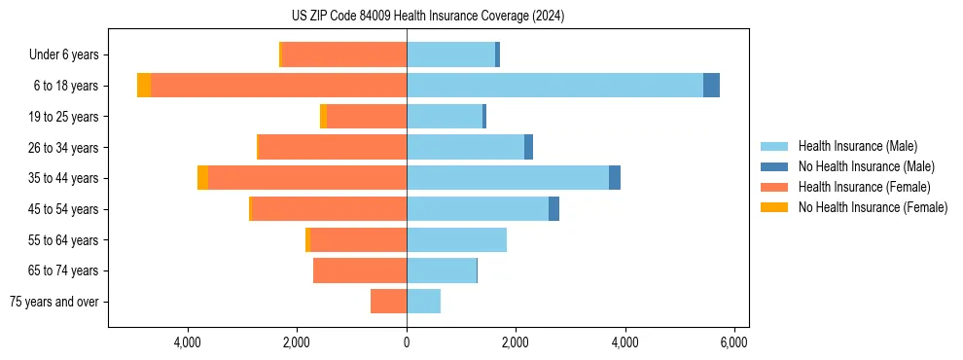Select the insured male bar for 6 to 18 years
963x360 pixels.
[x=554, y=86]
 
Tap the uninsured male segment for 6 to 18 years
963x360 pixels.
[x=711, y=86]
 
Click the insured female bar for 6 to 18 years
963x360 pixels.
[x=278, y=86]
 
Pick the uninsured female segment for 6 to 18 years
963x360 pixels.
[x=144, y=86]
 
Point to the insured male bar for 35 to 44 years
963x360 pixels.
[x=508, y=178]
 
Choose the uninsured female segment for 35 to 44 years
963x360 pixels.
[x=202, y=178]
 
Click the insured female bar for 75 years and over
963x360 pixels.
[x=388, y=302]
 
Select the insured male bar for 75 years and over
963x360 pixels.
[x=423, y=302]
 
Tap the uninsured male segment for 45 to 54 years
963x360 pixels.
[x=553, y=209]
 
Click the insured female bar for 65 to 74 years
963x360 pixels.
[x=360, y=270]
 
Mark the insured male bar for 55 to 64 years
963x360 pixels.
[x=456, y=240]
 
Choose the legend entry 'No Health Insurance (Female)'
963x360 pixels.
[x=873, y=207]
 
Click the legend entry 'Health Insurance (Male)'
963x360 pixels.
[x=857, y=146]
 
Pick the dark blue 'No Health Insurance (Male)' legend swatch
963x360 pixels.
[x=774, y=166]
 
